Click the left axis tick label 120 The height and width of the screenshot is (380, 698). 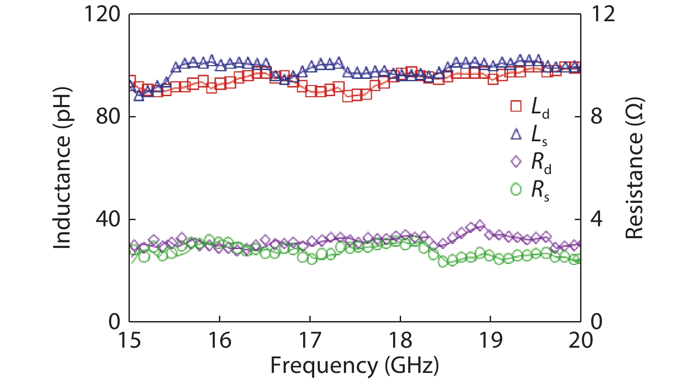click(x=102, y=14)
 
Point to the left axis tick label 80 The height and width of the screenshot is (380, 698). click(x=108, y=116)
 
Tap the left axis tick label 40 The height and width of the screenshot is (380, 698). click(x=108, y=219)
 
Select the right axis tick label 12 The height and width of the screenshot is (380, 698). click(x=603, y=14)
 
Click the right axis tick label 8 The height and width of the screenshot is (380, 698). click(x=597, y=116)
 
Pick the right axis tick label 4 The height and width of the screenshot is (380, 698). click(x=597, y=219)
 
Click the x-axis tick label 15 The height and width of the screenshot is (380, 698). click(x=129, y=340)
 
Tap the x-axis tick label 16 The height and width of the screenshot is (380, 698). click(x=219, y=340)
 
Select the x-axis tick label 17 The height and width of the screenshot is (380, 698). click(x=310, y=340)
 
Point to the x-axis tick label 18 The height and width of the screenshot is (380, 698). click(x=400, y=340)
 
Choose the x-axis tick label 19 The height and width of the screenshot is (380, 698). click(x=490, y=340)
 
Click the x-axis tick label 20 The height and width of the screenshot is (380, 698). click(x=581, y=340)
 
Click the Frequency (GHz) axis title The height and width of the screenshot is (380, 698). click(x=355, y=366)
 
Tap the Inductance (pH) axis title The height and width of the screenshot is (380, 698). click(x=62, y=168)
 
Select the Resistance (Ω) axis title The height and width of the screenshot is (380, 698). click(x=634, y=168)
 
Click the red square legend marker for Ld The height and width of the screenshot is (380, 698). click(x=516, y=106)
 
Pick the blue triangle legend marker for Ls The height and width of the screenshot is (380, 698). click(x=516, y=134)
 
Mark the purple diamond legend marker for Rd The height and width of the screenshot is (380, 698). click(x=516, y=162)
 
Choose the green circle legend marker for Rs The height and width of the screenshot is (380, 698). click(x=516, y=190)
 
